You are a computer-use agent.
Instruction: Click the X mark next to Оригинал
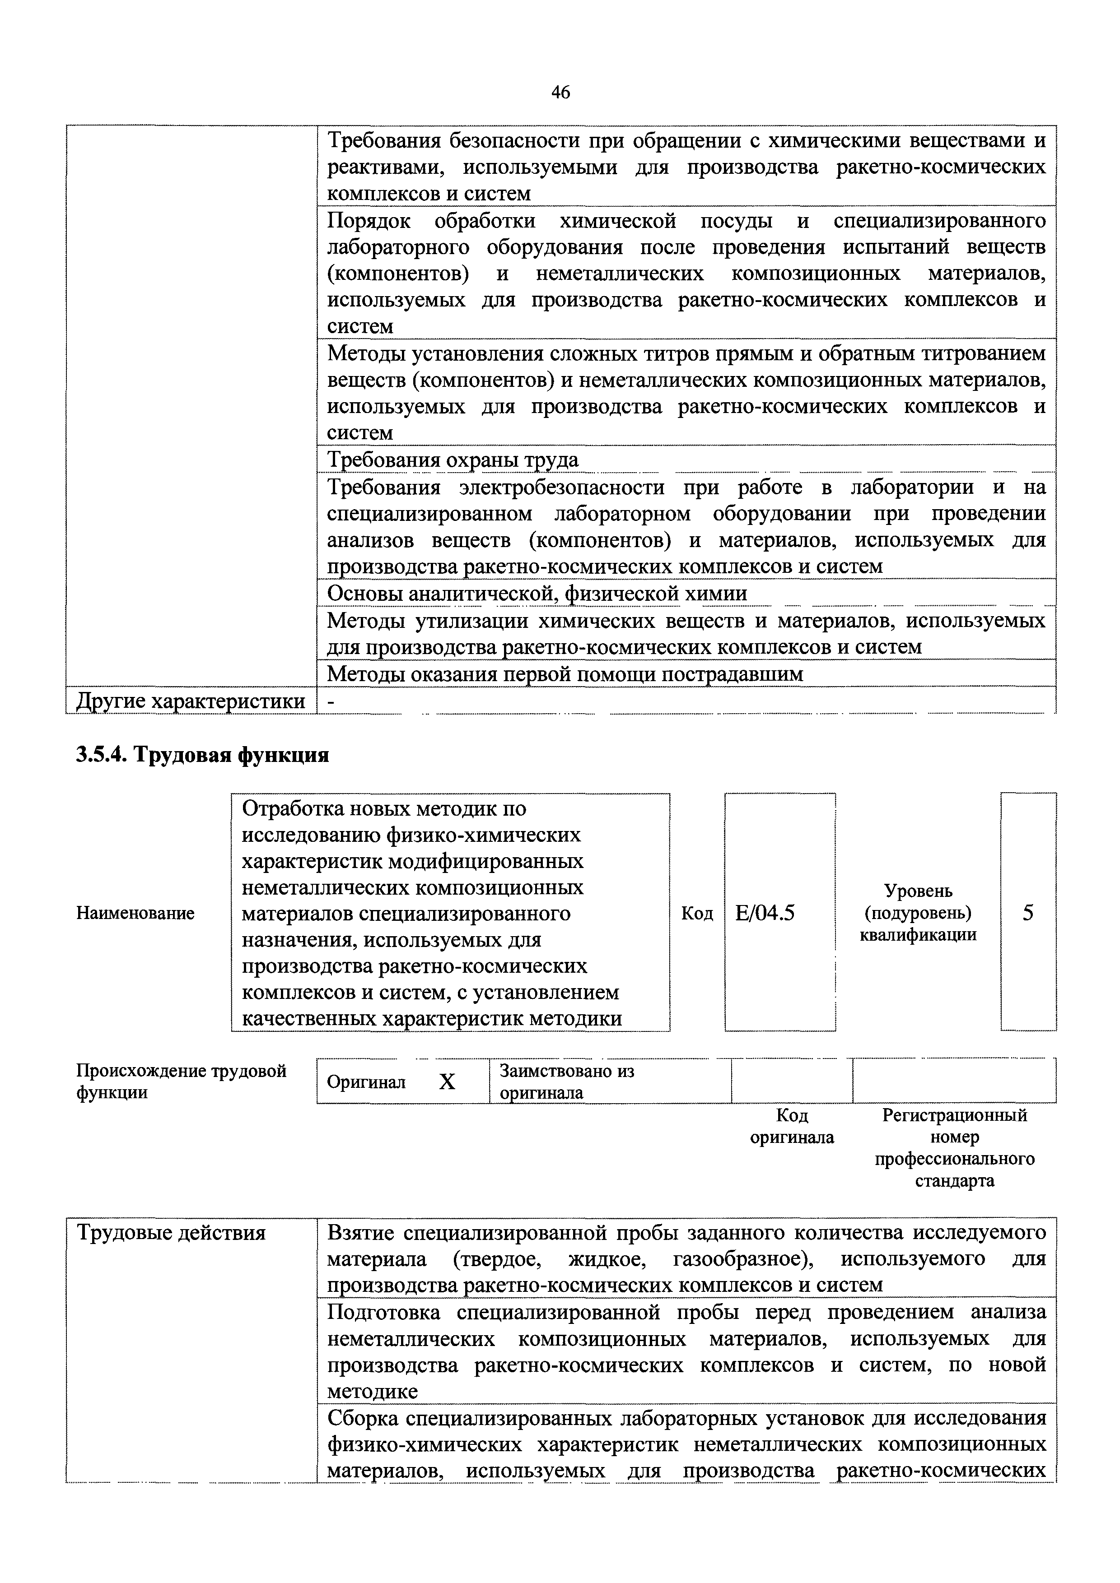pos(447,1082)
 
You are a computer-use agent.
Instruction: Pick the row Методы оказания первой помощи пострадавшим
pos(565,673)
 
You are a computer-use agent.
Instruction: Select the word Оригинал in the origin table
pos(366,1082)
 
